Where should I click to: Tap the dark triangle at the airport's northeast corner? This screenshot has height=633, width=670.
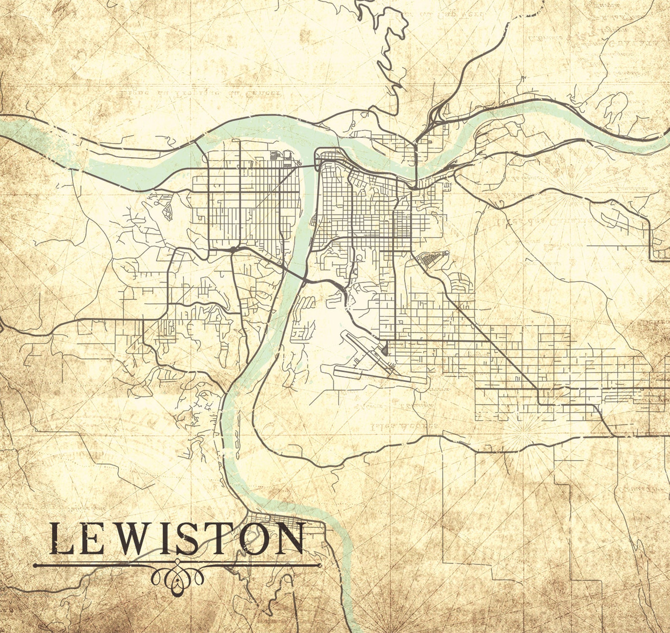(x=386, y=349)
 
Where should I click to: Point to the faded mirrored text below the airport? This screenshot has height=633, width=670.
(x=403, y=426)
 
